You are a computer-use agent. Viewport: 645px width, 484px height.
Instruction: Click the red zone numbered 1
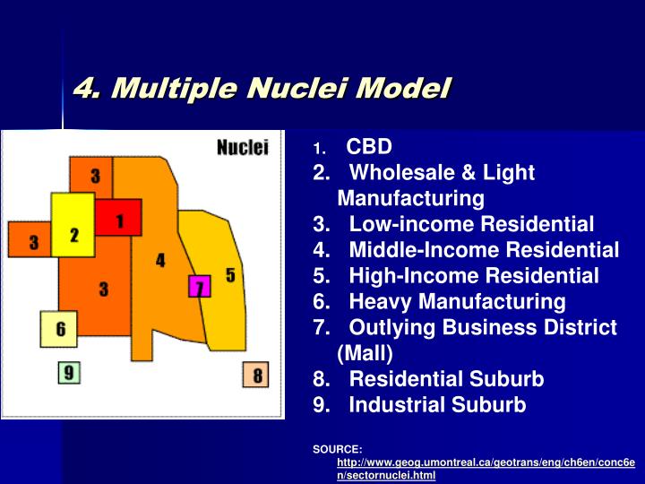click(117, 218)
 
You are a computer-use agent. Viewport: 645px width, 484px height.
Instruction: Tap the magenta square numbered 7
click(199, 287)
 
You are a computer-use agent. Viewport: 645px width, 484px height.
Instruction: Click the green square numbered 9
click(70, 371)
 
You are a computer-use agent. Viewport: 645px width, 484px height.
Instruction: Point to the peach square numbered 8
click(255, 376)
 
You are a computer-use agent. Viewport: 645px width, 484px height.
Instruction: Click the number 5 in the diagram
click(231, 275)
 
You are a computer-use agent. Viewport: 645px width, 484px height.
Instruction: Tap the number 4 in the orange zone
click(160, 260)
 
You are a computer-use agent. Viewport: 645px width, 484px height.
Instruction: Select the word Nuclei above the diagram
click(242, 149)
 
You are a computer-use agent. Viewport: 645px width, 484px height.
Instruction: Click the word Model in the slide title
click(403, 89)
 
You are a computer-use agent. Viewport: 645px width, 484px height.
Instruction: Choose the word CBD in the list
click(369, 146)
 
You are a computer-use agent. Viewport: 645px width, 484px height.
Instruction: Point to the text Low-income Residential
click(471, 223)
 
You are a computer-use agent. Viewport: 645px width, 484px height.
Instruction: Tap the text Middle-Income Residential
click(484, 249)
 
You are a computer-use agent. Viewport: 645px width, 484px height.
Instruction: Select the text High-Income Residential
click(474, 275)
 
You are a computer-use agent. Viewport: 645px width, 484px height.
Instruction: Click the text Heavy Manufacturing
click(457, 301)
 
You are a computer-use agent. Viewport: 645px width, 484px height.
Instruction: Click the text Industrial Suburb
click(437, 404)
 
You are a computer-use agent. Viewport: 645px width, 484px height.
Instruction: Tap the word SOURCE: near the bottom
click(338, 448)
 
